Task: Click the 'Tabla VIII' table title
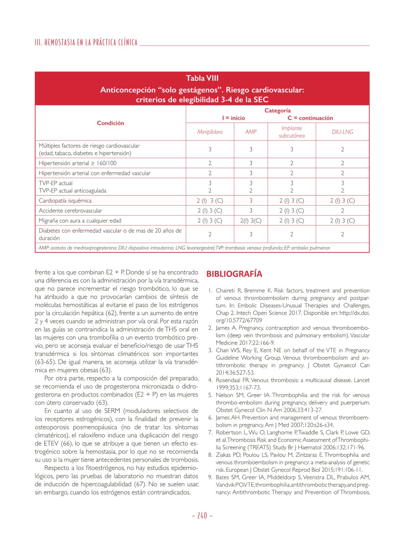202,78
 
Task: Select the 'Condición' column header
110,123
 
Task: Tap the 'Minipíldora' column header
210,132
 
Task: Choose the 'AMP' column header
251,132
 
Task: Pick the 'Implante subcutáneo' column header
292,132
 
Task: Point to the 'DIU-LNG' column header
342,132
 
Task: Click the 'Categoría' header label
278,110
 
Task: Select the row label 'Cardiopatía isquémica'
65,200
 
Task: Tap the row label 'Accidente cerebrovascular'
71,210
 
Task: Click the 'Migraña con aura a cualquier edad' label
80,221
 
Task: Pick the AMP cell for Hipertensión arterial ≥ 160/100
251,163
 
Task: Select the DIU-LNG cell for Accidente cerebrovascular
342,210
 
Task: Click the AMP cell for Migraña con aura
251,221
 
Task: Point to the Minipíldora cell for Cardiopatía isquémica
210,200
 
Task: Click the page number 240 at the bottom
202,515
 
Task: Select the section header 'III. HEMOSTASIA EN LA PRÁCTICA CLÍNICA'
86,43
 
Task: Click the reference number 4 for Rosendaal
210,380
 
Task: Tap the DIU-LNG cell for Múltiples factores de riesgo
342,150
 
